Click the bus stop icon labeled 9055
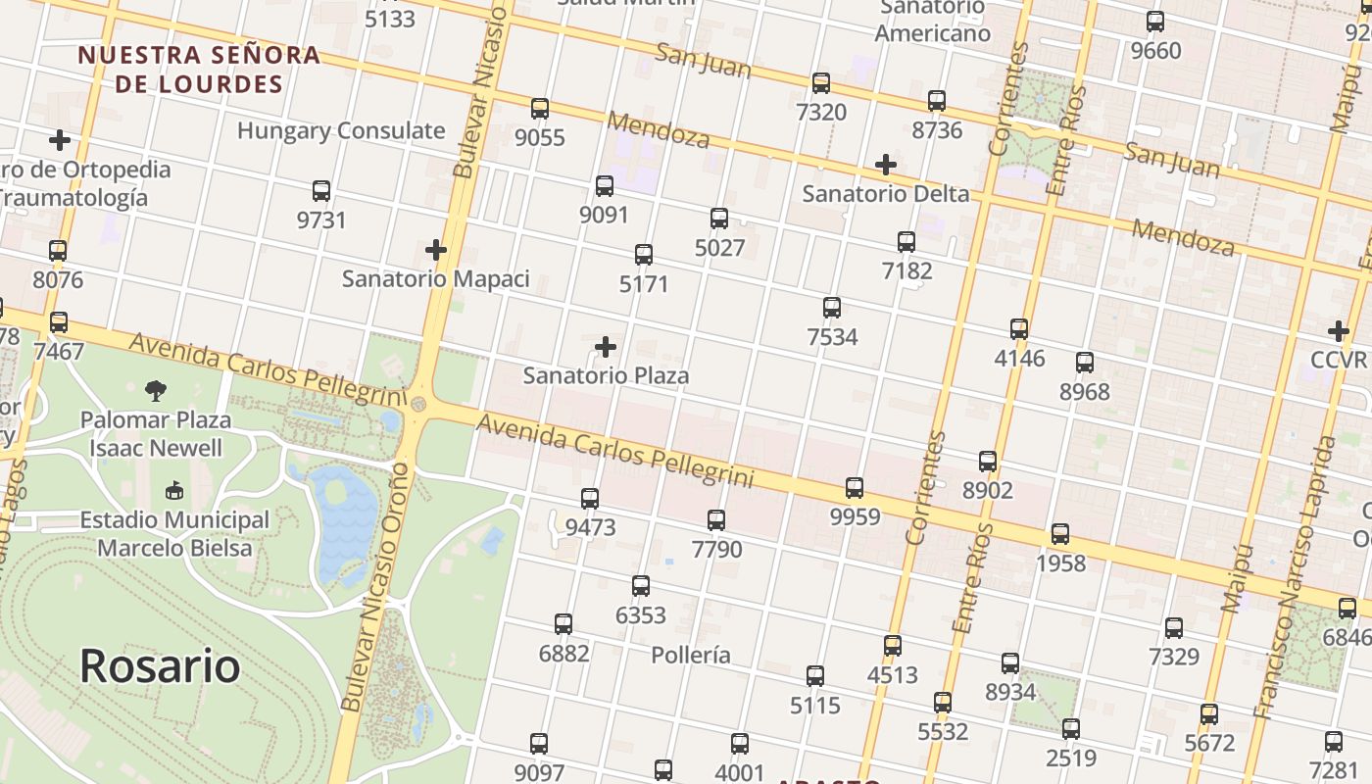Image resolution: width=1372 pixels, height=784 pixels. point(539,109)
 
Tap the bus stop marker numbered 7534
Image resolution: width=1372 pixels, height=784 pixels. point(832,308)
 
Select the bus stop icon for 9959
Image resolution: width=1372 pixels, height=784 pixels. point(855,487)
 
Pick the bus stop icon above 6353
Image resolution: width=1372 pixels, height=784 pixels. point(641,586)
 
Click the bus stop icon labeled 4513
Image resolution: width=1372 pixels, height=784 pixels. point(892,646)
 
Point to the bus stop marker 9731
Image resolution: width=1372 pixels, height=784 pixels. point(321,191)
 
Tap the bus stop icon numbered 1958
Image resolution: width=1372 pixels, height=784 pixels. point(1060,534)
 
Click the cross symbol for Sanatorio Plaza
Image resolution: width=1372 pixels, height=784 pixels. point(606,347)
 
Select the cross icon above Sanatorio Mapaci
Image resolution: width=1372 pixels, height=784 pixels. point(436,251)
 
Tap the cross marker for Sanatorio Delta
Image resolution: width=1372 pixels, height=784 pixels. point(886,164)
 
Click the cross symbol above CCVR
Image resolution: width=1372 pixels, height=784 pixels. point(1339,331)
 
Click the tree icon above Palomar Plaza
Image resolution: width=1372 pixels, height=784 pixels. point(156,392)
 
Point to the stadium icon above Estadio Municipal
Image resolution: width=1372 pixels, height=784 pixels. point(174,490)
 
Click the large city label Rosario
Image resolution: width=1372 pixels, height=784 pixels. point(160,665)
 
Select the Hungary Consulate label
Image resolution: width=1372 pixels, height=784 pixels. point(341,130)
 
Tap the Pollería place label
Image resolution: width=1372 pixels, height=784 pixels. point(691,655)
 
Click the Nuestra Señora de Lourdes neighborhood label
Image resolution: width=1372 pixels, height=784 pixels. point(199,69)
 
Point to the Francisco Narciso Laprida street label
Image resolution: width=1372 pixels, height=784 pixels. point(1296,578)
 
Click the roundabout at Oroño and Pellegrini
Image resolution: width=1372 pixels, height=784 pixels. point(418,404)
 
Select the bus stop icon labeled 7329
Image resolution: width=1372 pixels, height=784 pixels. point(1174,627)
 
